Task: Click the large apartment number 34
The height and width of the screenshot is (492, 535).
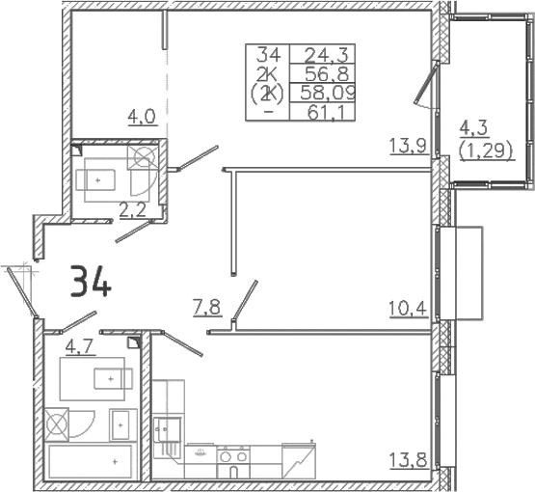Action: coord(91,282)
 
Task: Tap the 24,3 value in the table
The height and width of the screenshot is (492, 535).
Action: coord(322,54)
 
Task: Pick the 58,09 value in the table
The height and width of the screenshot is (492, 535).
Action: coord(328,93)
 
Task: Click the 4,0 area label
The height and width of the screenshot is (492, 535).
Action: coord(142,117)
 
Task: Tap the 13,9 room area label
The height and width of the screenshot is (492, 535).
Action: coord(409,147)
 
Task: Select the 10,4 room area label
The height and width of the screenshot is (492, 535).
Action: coord(408,310)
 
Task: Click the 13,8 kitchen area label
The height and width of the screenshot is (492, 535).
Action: coord(409,460)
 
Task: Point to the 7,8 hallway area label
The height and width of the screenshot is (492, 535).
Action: coord(208,309)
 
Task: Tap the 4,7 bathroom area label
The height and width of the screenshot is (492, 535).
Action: coord(79,347)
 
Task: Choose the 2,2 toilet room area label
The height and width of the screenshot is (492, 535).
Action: coord(133,209)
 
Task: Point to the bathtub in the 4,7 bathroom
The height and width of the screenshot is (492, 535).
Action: coord(91,462)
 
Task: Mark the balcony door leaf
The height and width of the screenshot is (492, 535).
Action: coord(425,83)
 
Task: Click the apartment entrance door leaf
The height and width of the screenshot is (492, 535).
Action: coord(22,292)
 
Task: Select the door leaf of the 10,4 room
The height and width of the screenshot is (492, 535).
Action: coord(245,300)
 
